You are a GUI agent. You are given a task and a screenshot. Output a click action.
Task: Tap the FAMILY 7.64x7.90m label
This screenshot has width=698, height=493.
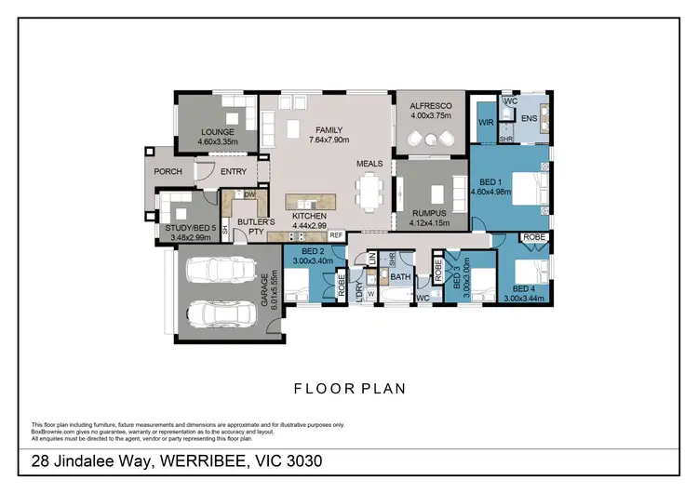click(x=328, y=135)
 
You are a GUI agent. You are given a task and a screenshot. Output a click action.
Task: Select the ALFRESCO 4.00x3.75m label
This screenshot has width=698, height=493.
click(x=430, y=112)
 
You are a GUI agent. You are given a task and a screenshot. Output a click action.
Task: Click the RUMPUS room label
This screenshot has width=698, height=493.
click(x=429, y=218)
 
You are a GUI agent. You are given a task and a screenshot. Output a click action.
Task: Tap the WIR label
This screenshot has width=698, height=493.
click(x=484, y=122)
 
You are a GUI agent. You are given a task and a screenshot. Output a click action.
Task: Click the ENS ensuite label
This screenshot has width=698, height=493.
click(x=528, y=119)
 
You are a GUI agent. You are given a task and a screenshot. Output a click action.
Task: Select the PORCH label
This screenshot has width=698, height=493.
click(x=168, y=171)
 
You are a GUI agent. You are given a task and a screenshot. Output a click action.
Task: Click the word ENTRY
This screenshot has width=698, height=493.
click(x=231, y=171)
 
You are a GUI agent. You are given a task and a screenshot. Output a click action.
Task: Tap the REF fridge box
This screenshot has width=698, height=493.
click(x=335, y=236)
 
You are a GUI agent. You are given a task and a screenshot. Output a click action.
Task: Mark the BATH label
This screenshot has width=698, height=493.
click(x=400, y=277)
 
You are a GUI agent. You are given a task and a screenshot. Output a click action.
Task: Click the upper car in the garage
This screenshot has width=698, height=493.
click(x=221, y=271)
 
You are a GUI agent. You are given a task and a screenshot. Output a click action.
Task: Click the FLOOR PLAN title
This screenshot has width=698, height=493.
click(x=349, y=389)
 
